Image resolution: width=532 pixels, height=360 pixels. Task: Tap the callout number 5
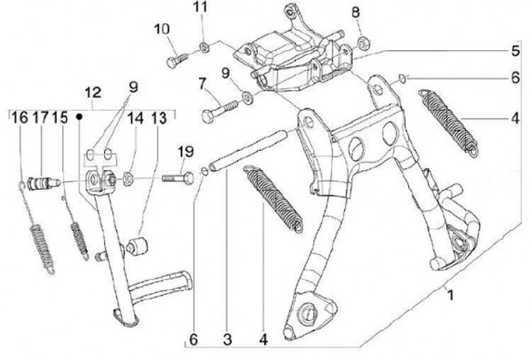point(514,52)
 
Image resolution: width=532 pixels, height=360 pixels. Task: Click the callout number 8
point(355,13)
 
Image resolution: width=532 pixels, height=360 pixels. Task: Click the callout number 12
point(93,94)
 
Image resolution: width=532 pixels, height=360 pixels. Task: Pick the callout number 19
point(185,152)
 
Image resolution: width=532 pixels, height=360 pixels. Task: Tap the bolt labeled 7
point(216,114)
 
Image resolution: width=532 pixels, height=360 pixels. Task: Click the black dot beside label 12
point(78,117)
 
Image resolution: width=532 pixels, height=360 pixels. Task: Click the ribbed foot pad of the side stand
point(160,284)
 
